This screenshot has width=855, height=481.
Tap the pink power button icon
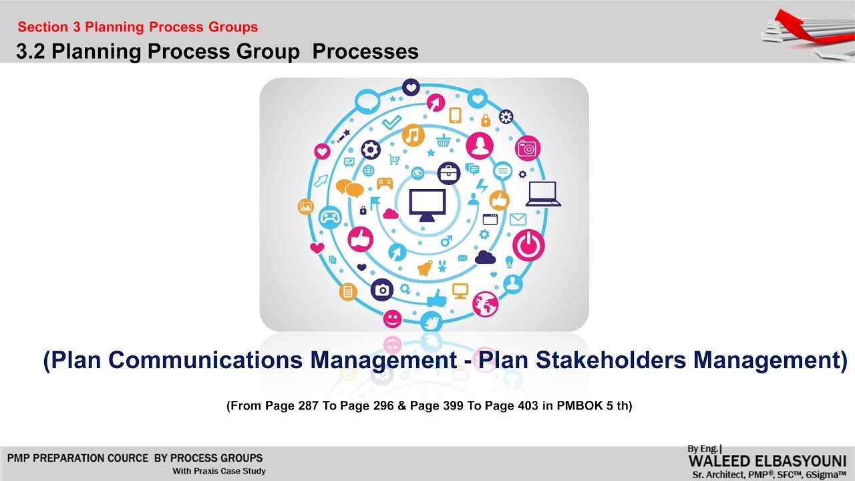pyautogui.click(x=528, y=245)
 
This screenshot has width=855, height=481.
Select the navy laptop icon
pyautogui.click(x=543, y=194)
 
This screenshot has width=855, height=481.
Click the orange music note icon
pyautogui.click(x=413, y=136)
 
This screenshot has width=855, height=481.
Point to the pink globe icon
pyautogui.click(x=485, y=304)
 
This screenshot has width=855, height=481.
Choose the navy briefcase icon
pyautogui.click(x=449, y=173)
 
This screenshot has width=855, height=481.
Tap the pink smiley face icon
pyautogui.click(x=393, y=318)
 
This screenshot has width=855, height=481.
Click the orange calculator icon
pyautogui.click(x=347, y=291)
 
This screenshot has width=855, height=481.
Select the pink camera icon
pyautogui.click(x=528, y=148)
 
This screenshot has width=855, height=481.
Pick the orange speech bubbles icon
pyautogui.click(x=349, y=188)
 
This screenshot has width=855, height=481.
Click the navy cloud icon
pyautogui.click(x=485, y=257)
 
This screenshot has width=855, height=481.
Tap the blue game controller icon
pyautogui.click(x=329, y=216)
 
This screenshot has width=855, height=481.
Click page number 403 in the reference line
pyautogui.click(x=532, y=406)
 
